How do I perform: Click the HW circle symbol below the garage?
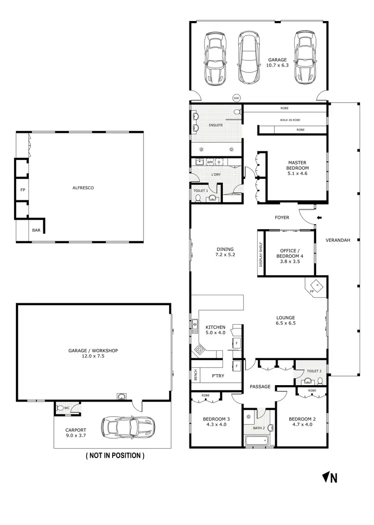[x=236, y=98]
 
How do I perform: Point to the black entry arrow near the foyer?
[x=320, y=217]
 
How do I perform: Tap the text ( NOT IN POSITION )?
[x=115, y=456]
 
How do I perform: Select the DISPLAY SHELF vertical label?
[x=260, y=255]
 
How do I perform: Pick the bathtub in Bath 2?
[x=256, y=441]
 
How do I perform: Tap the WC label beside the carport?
[x=66, y=408]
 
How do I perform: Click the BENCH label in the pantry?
[x=196, y=375]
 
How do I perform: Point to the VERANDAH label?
[x=338, y=240]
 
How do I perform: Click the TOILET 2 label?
[x=314, y=371]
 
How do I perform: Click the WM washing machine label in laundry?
[x=210, y=162]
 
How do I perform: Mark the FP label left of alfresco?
[x=22, y=190]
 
